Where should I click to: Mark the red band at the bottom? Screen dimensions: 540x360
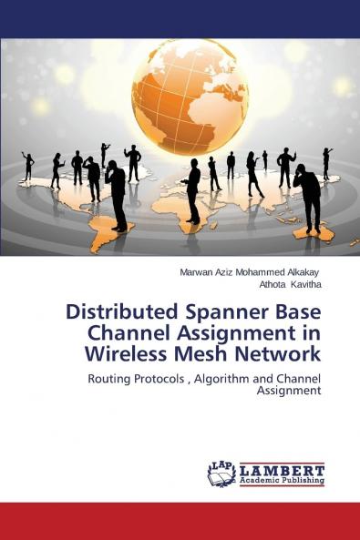tap(180, 520)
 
